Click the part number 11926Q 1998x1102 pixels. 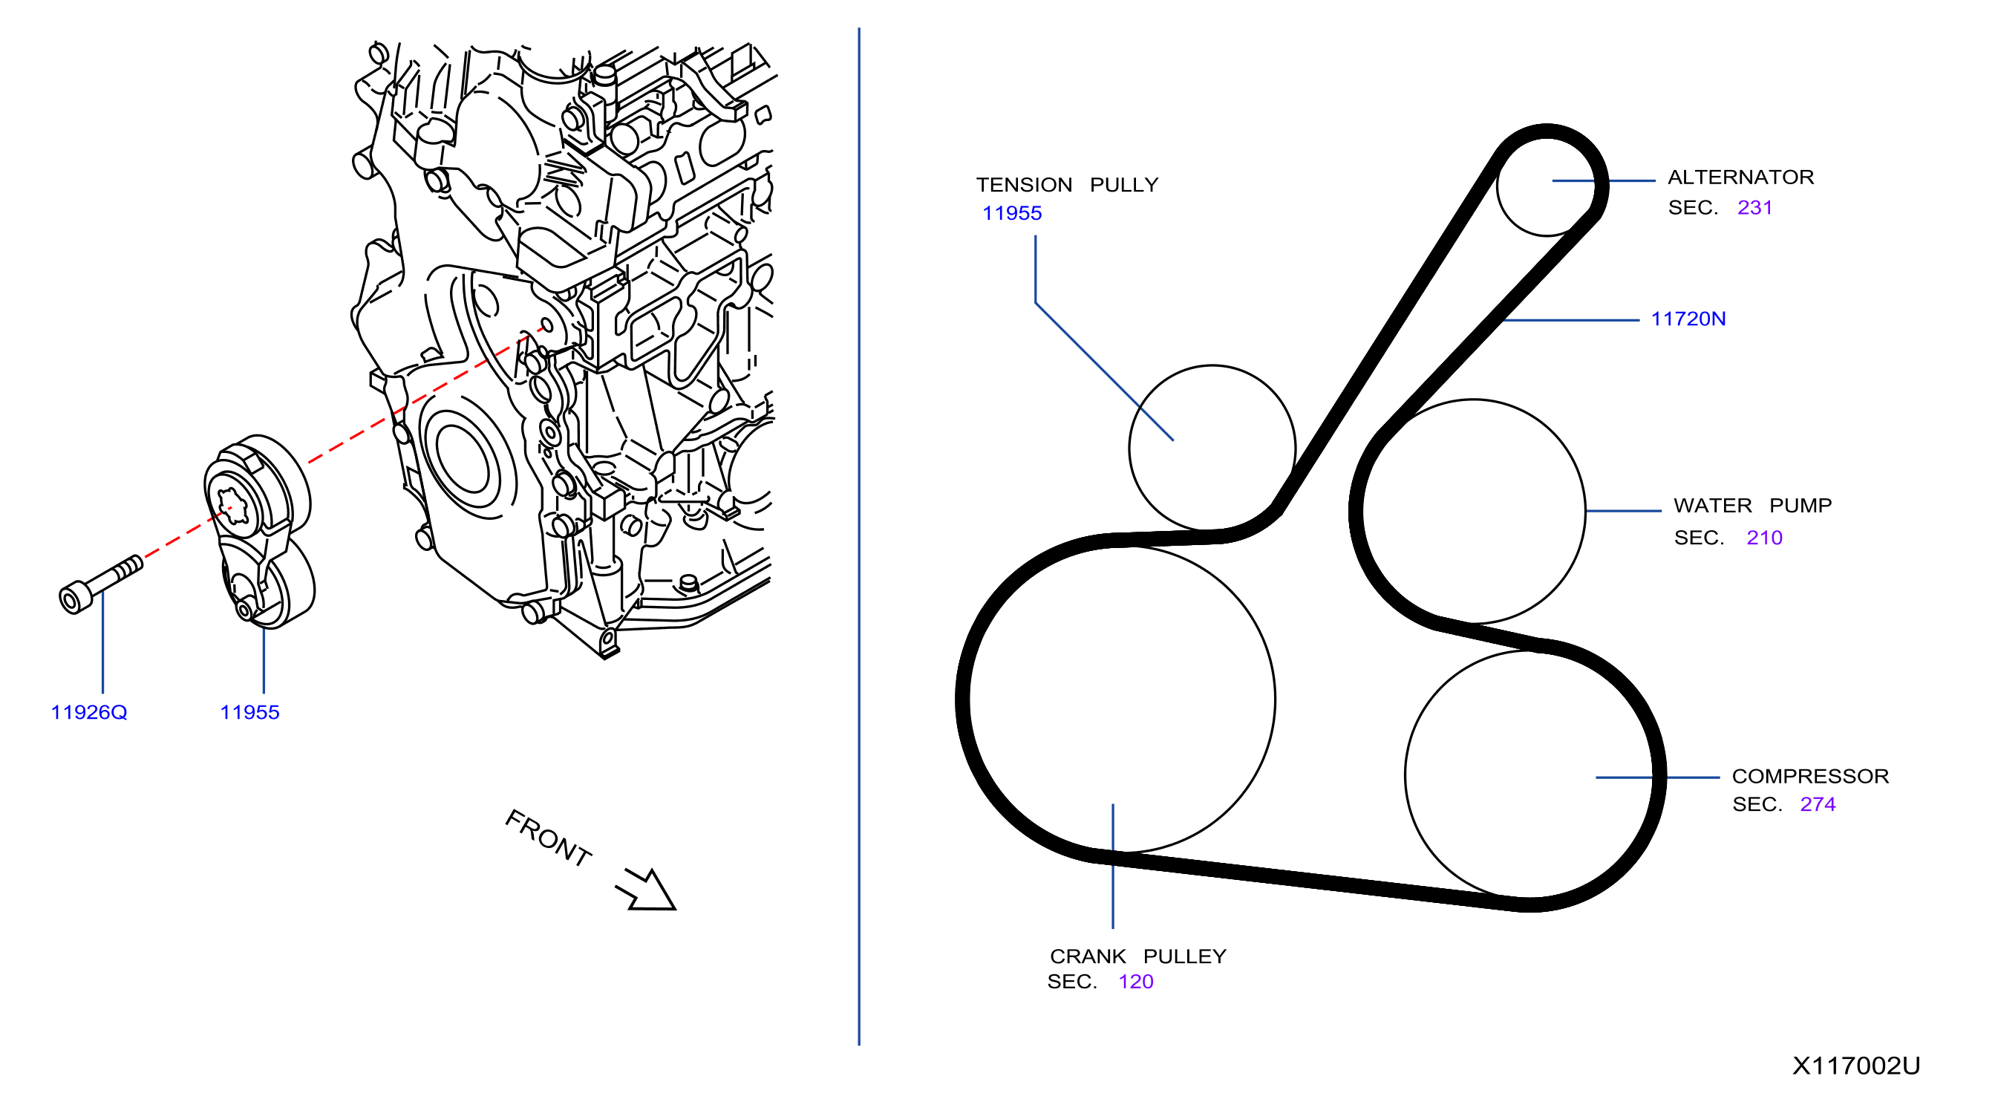[88, 713]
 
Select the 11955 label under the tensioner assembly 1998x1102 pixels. [249, 713]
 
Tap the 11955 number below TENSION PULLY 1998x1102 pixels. [1012, 213]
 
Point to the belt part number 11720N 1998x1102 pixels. [1688, 319]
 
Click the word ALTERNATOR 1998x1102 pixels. [1741, 177]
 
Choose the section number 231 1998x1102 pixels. [1755, 208]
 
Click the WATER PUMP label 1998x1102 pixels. [1753, 506]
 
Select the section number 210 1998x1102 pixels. [1765, 538]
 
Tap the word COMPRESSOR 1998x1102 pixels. [1810, 776]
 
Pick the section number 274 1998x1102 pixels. [1818, 805]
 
